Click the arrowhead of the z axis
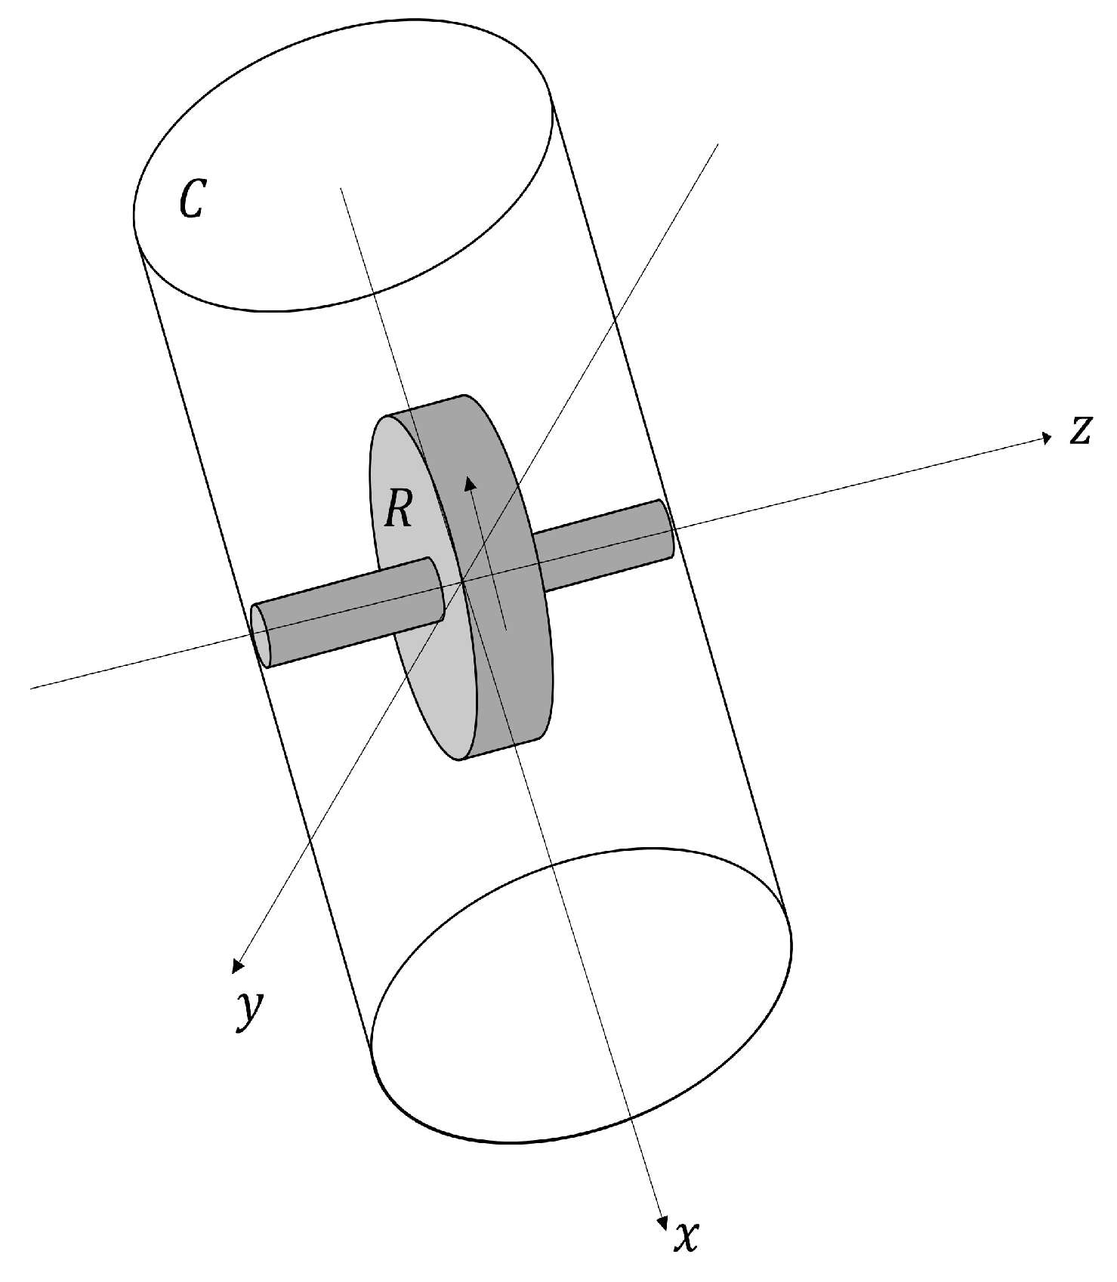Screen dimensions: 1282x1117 (x=1046, y=437)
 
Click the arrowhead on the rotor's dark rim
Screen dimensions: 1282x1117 (x=469, y=482)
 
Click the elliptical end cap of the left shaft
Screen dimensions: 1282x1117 (x=261, y=634)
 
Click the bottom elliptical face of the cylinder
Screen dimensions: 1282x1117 (x=582, y=989)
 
